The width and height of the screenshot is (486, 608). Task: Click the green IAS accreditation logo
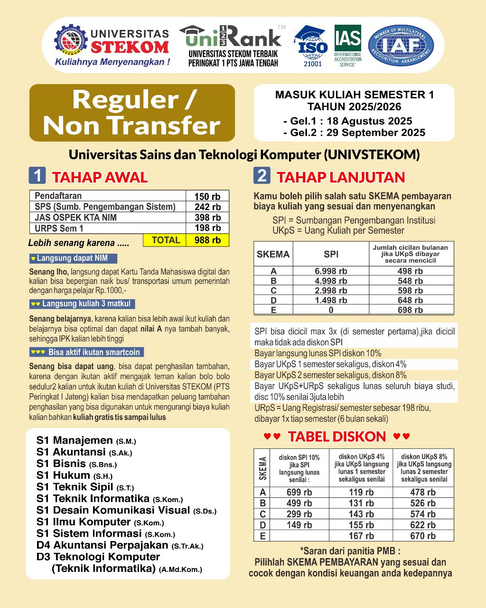click(347, 45)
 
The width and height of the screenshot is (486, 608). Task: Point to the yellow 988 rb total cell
click(207, 240)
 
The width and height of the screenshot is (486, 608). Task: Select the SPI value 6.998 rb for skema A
click(331, 271)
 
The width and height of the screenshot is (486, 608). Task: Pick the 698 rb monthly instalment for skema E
click(411, 310)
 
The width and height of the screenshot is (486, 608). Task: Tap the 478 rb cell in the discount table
click(423, 493)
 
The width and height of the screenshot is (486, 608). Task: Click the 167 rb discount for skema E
click(361, 536)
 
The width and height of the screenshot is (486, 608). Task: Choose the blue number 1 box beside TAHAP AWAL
click(37, 176)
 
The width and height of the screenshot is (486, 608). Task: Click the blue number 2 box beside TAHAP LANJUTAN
click(262, 176)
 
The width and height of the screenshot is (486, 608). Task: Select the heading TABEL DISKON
click(337, 437)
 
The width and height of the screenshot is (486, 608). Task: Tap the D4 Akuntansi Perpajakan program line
click(120, 545)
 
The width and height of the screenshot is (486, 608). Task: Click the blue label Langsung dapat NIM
click(73, 258)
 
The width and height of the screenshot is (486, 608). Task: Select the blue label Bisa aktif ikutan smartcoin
click(86, 352)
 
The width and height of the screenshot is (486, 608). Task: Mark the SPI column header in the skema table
click(331, 254)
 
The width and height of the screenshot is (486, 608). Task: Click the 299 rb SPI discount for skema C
click(299, 514)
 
